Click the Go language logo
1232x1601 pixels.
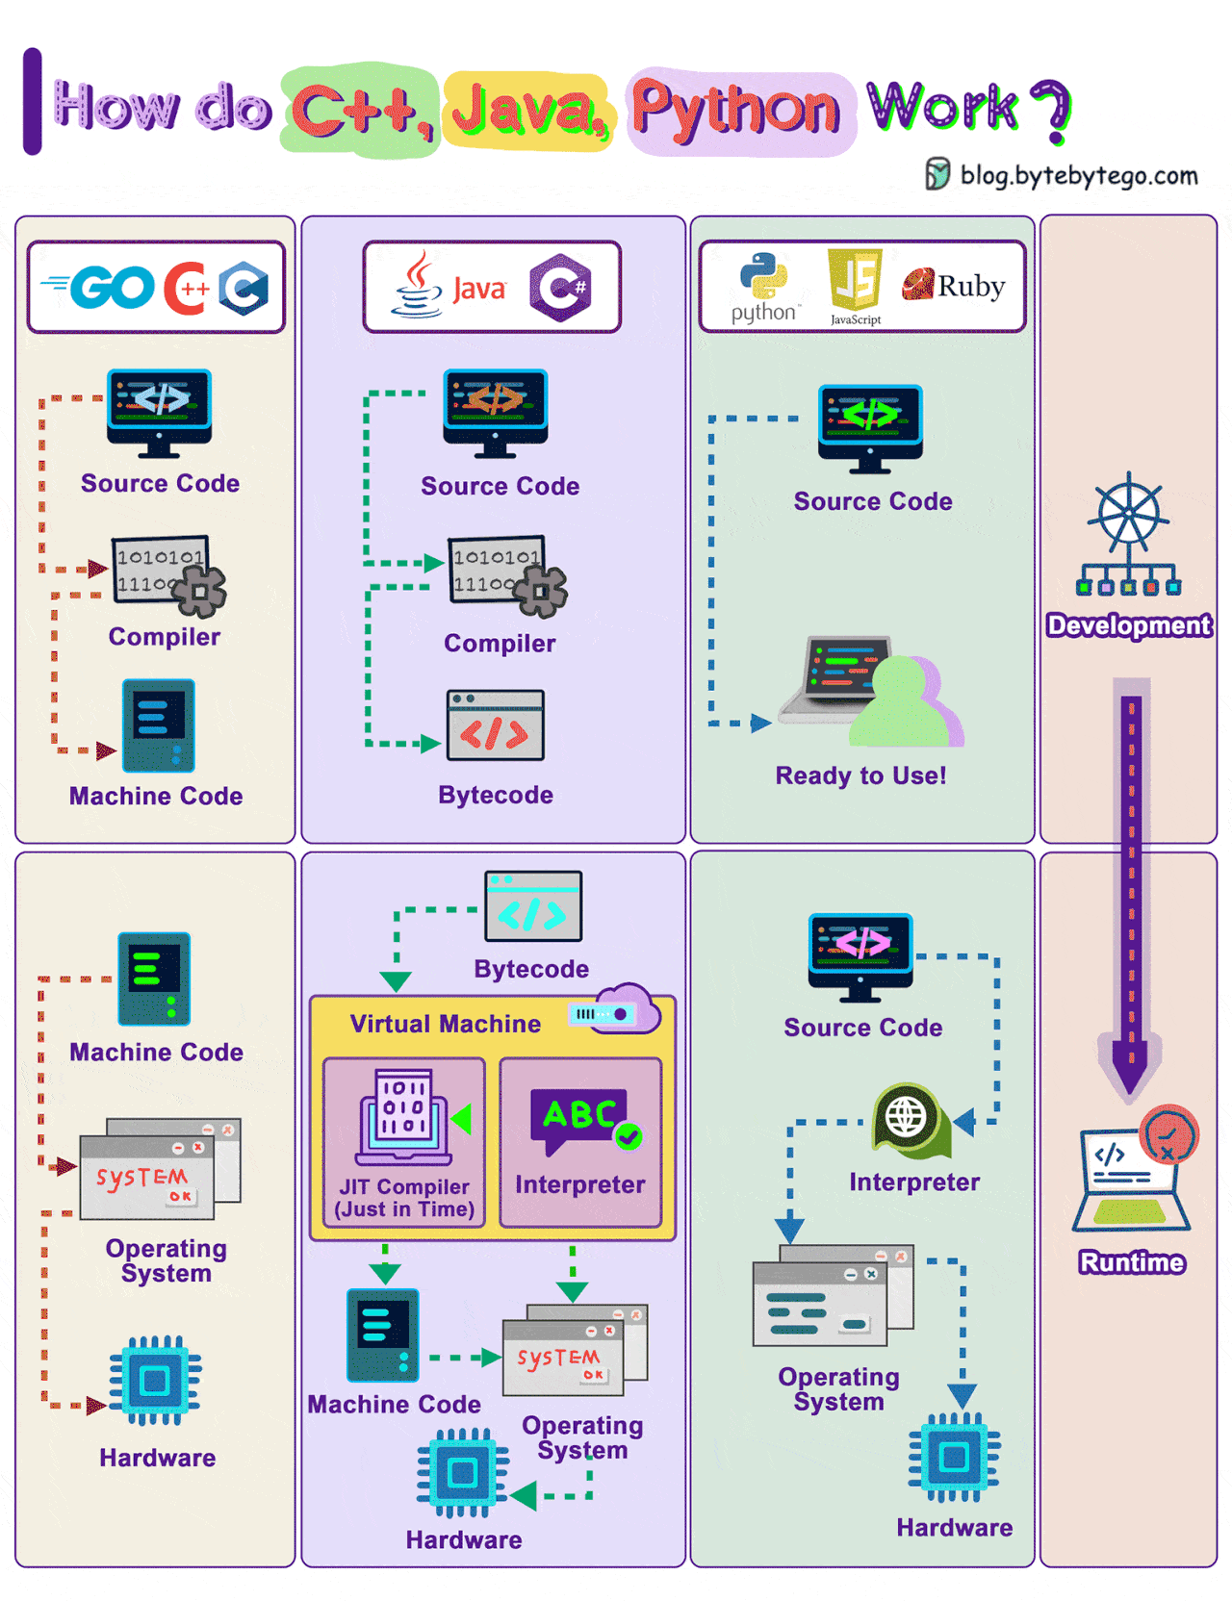pyautogui.click(x=99, y=287)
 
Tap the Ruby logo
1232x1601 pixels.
pyautogui.click(x=953, y=285)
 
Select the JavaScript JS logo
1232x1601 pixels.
pyautogui.click(x=855, y=280)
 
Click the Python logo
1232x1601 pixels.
pyautogui.click(x=763, y=277)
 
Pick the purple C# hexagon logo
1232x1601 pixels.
pyautogui.click(x=560, y=287)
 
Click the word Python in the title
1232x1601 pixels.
pyautogui.click(x=735, y=109)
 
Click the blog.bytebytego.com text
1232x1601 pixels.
pyautogui.click(x=1078, y=175)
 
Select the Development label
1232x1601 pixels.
pyautogui.click(x=1128, y=625)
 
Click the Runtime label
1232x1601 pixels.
pyautogui.click(x=1131, y=1262)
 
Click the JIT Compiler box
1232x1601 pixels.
pyautogui.click(x=404, y=1142)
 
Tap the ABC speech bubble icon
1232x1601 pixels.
pyautogui.click(x=580, y=1118)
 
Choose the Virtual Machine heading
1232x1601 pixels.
pyautogui.click(x=445, y=1024)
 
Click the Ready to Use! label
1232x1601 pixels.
pyautogui.click(x=860, y=775)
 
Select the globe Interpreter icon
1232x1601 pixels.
pyautogui.click(x=907, y=1117)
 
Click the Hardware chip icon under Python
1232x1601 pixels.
pyautogui.click(x=954, y=1457)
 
